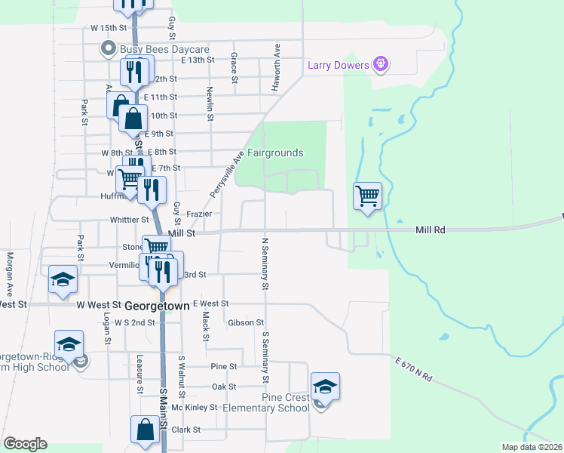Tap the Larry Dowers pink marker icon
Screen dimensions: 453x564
[382, 64]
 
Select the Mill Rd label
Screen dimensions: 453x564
[431, 229]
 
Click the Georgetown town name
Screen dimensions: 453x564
[157, 306]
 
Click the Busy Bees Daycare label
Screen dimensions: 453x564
[154, 49]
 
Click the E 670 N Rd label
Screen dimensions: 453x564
[415, 369]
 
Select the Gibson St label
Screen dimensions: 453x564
[244, 322]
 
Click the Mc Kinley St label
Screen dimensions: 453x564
[195, 407]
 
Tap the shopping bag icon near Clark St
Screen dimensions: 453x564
[145, 430]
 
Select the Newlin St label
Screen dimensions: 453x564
[210, 101]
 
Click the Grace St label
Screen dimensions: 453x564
[234, 68]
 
